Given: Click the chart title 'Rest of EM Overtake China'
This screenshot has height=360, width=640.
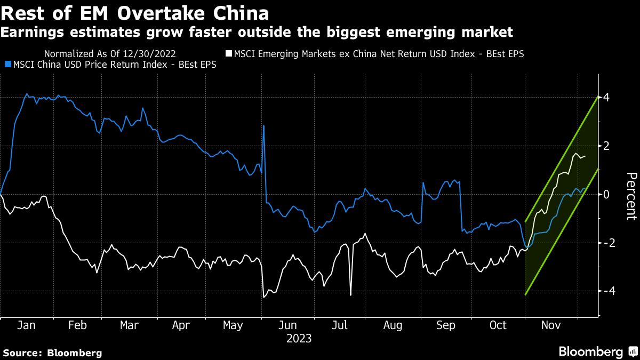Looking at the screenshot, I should pos(135,12).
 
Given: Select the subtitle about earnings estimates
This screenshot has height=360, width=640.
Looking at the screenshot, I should pos(257,33).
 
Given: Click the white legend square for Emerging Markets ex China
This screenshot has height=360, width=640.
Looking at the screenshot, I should pos(229,54).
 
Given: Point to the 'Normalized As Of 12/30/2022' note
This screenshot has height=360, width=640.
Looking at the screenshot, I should pos(110,54).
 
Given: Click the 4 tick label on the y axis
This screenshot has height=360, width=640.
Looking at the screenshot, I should pos(606,98).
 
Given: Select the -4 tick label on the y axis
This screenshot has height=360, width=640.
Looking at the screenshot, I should pos(604,291).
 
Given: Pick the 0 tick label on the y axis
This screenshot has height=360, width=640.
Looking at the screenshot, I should pos(606,194).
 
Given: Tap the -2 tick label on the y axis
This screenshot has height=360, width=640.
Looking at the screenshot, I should pos(604,243).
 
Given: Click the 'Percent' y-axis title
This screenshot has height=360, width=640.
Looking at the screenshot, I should pos(631,196).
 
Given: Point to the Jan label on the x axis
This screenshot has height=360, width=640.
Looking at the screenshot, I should pos(26,325).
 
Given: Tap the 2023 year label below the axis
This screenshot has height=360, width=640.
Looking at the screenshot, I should pos(299,338).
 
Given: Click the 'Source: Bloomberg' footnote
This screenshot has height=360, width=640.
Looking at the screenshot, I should pos(52,353).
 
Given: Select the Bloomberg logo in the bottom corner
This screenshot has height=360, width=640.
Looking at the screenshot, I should pos(597,351).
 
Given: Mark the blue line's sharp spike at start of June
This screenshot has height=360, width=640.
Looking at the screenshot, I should pos(264,126).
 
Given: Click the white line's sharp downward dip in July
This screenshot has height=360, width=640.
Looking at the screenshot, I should pos(350,294).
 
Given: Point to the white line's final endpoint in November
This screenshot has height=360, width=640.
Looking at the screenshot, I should pos(586,156).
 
